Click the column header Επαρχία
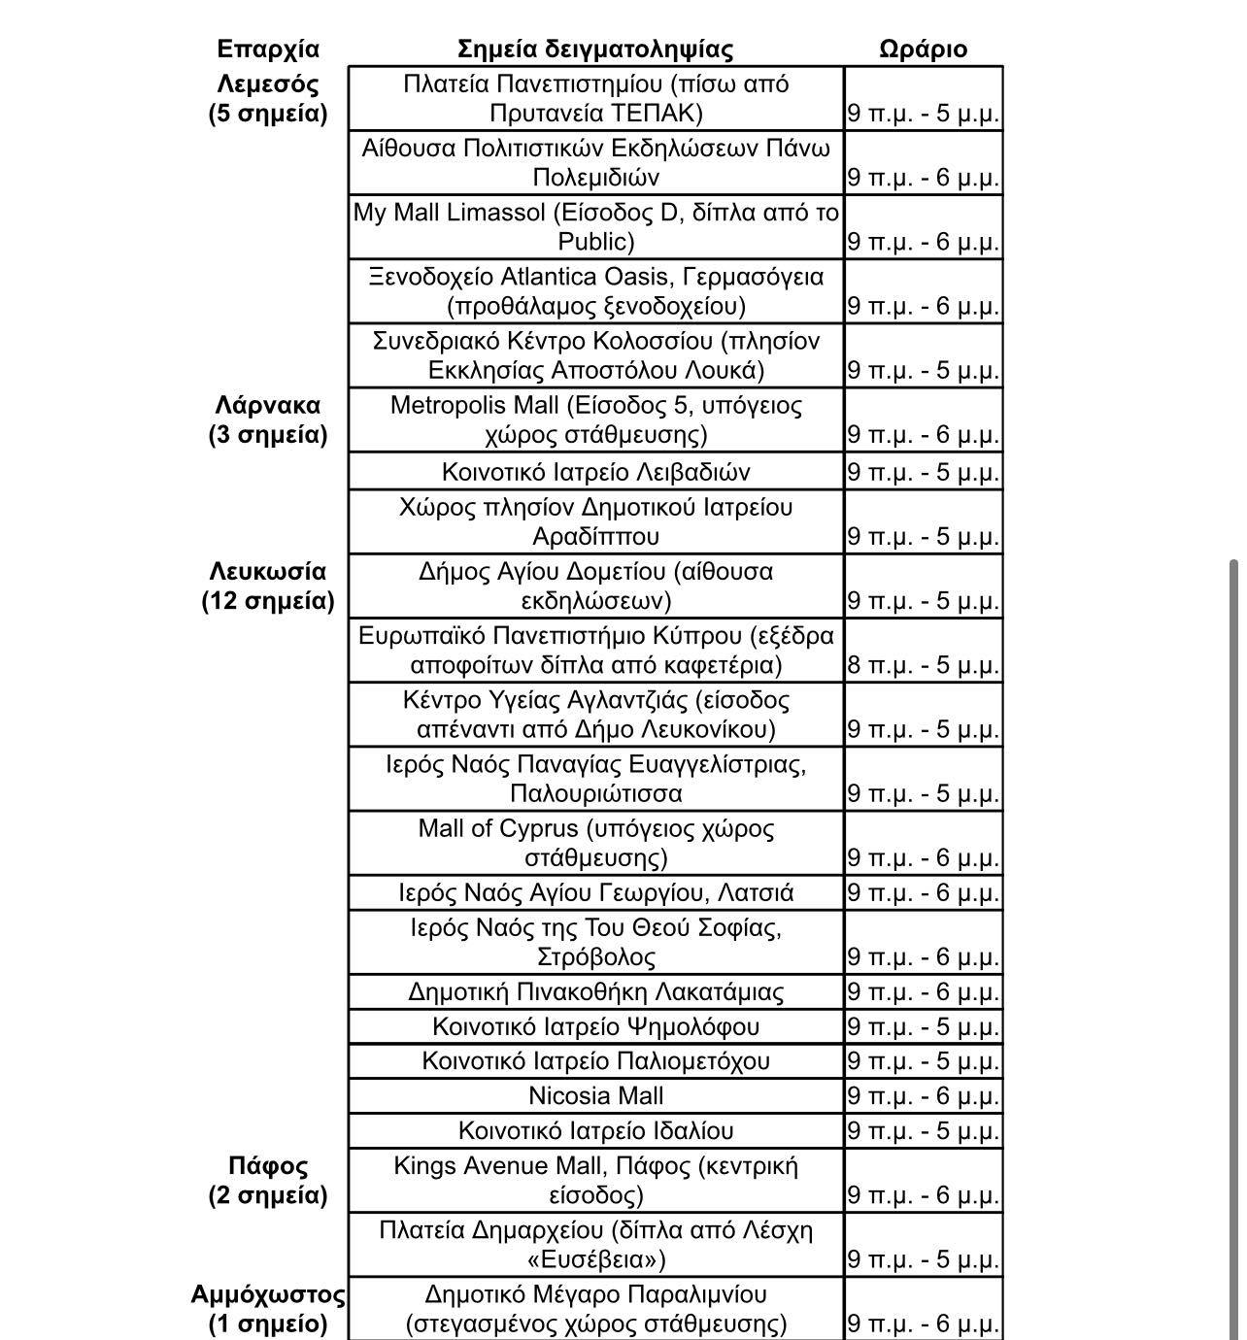click(268, 49)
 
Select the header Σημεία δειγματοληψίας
click(595, 49)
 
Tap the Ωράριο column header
click(923, 49)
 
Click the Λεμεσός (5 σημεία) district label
click(268, 98)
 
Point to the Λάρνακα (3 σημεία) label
click(268, 419)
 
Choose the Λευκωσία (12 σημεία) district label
click(268, 586)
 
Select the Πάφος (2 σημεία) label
click(268, 1180)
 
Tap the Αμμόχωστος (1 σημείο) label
click(268, 1309)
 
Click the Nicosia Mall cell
click(595, 1096)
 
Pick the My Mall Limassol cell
click(595, 226)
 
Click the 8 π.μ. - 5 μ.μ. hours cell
click(923, 665)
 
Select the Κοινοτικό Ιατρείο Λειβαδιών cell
click(595, 472)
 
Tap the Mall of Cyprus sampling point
click(595, 843)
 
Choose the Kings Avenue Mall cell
click(595, 1180)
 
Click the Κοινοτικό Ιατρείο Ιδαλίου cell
click(595, 1131)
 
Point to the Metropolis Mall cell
click(595, 419)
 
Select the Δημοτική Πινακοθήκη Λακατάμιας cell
click(595, 992)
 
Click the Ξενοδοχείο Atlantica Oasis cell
click(595, 291)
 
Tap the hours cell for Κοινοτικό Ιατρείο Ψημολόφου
click(923, 1027)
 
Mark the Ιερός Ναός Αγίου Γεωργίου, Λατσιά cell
click(595, 892)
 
